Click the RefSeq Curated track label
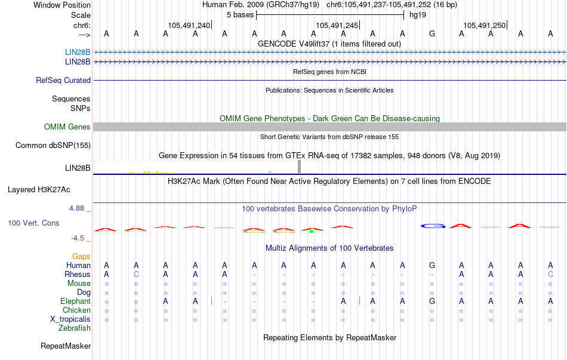pyautogui.click(x=63, y=80)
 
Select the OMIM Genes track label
pyautogui.click(x=67, y=127)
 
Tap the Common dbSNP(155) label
pyautogui.click(x=53, y=145)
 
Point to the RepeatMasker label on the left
pyautogui.click(x=66, y=346)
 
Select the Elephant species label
pyautogui.click(x=75, y=301)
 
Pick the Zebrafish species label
pyautogui.click(x=75, y=328)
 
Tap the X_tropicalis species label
pyautogui.click(x=70, y=319)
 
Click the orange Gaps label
pyautogui.click(x=81, y=256)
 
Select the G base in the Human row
pyautogui.click(x=432, y=265)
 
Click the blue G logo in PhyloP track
pyautogui.click(x=433, y=226)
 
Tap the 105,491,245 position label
pyautogui.click(x=337, y=25)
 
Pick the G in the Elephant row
pyautogui.click(x=432, y=301)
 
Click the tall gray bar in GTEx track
pyautogui.click(x=300, y=167)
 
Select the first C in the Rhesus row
pyautogui.click(x=136, y=274)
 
